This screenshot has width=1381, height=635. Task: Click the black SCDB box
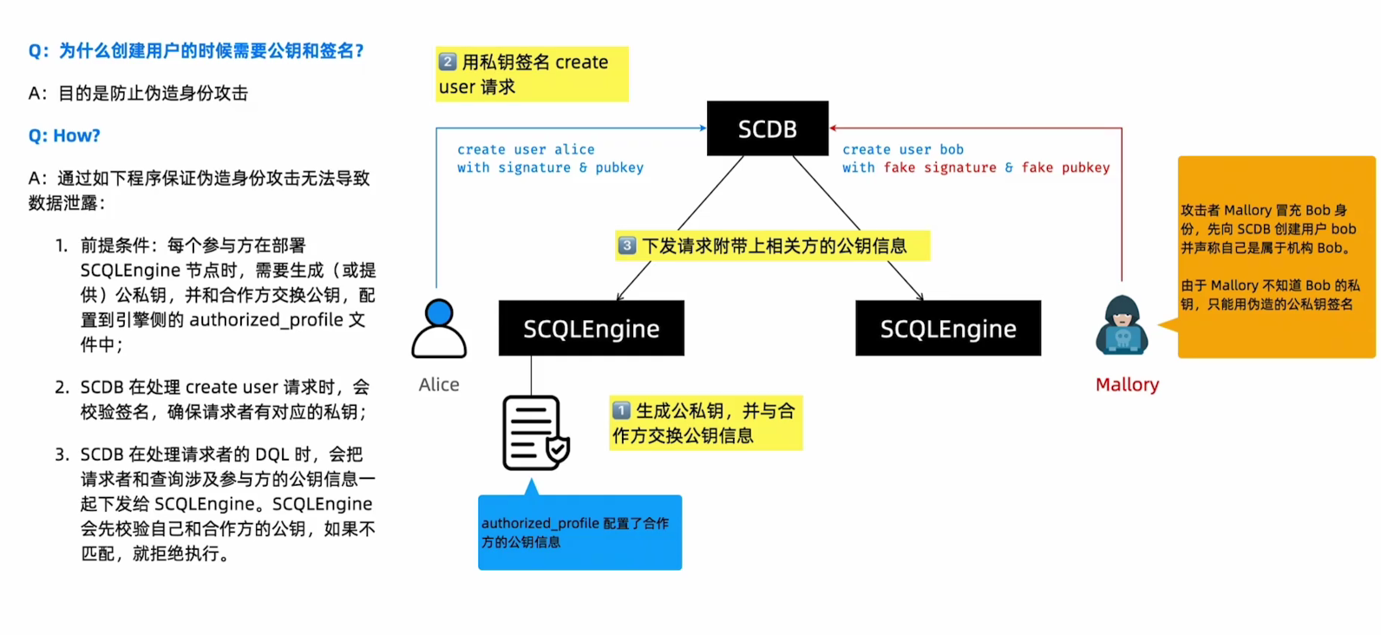click(x=767, y=128)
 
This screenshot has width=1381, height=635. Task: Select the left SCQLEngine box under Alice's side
click(x=591, y=328)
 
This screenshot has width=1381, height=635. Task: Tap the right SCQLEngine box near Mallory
click(x=947, y=328)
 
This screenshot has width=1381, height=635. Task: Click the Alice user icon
click(x=439, y=329)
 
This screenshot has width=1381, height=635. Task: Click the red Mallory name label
click(x=1127, y=384)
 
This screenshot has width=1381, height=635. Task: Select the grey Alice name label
click(x=439, y=384)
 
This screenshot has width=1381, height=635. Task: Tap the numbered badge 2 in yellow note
click(x=448, y=62)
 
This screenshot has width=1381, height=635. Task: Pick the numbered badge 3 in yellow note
click(x=626, y=245)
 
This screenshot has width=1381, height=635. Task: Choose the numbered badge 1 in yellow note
click(x=621, y=410)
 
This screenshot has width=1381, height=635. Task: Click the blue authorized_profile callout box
click(x=579, y=532)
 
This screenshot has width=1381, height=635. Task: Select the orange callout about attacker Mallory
click(x=1275, y=257)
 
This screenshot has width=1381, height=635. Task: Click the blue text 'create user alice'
click(x=526, y=149)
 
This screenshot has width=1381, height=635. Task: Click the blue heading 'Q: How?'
click(x=64, y=135)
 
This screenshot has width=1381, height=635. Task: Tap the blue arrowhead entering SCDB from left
click(x=703, y=128)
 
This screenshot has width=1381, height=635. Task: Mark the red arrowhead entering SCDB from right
click(x=834, y=128)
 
